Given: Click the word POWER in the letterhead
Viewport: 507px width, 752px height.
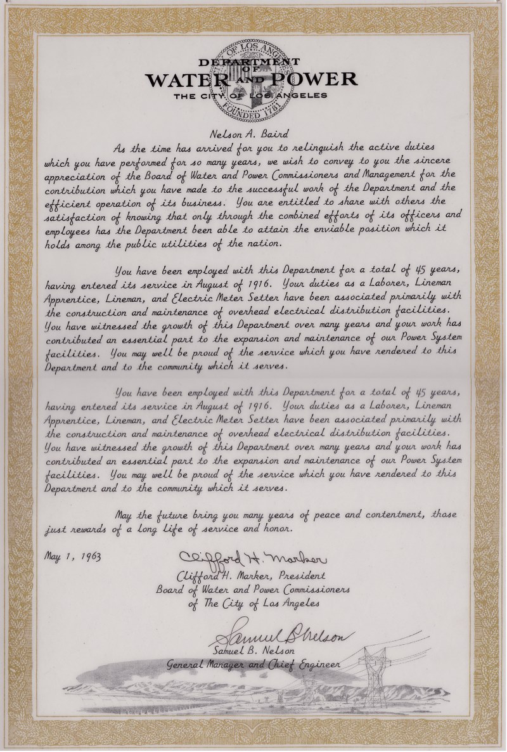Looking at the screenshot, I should tap(323, 81).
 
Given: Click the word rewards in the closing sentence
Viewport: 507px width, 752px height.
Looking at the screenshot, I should tap(89, 528).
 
